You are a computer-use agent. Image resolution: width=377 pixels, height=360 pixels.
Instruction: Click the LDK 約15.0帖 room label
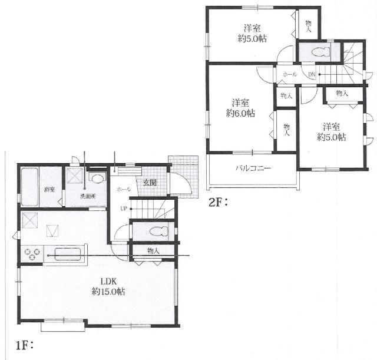pos(108,287)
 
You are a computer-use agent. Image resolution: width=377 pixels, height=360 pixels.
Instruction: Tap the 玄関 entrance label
pos(150,183)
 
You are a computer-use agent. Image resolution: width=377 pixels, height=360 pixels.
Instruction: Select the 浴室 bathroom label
pos(49,190)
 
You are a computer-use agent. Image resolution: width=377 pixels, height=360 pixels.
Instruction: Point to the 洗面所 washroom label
pos(88,196)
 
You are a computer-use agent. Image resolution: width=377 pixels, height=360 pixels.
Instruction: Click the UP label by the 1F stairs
pos(124,209)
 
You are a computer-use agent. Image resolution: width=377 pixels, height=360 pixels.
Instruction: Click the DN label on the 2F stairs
pos(312,75)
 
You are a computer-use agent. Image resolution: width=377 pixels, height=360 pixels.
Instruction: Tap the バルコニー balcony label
pos(253,168)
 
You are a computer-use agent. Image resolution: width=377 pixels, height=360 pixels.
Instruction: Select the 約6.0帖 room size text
pos(240,113)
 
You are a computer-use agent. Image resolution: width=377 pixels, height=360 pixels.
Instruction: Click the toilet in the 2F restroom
pos(320,52)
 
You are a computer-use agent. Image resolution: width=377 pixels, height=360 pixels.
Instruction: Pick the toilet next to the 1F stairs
pos(158,232)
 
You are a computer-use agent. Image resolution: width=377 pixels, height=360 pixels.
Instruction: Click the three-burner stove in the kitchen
pos(31,254)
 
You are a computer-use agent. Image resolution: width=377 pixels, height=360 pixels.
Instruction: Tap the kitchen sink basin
pos(67,254)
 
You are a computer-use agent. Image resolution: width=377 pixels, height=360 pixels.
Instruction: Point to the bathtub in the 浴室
pos(29,187)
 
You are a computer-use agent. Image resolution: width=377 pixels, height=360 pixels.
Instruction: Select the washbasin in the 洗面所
pos(97,179)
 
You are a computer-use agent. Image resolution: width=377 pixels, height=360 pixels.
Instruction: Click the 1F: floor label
pos(24,346)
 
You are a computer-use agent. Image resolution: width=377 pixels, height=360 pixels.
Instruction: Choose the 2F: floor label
pos(218,203)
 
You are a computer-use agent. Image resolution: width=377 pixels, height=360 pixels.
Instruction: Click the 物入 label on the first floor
pos(153,251)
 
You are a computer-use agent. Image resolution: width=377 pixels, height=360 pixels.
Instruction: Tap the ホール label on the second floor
pos(290,75)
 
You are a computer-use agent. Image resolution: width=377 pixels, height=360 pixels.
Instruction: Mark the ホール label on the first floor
pos(124,190)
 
